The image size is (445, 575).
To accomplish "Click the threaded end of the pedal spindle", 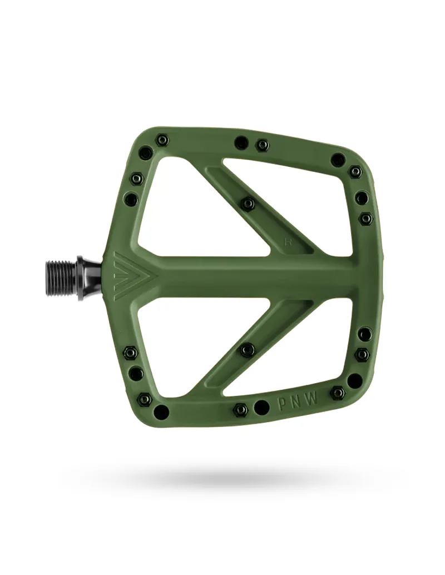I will (60, 277).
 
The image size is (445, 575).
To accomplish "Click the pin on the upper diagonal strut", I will (248, 204).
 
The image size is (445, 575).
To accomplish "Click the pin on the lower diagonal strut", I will (248, 350).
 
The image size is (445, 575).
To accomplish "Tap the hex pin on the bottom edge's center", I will (240, 410).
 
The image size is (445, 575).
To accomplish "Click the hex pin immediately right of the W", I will (338, 393).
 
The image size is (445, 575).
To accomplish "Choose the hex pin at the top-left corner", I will (162, 140).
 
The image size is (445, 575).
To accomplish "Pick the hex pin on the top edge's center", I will (262, 145).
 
